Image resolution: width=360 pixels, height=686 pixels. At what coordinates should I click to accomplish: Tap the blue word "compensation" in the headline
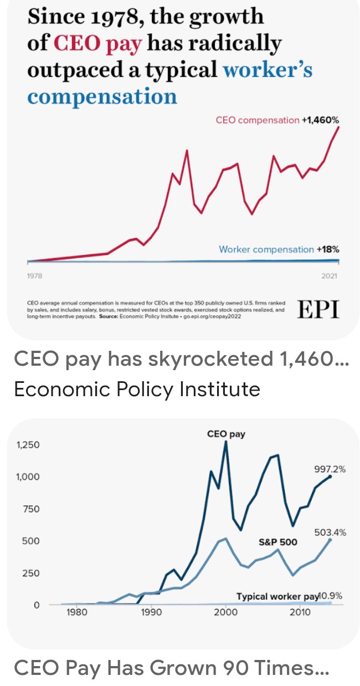click(102, 97)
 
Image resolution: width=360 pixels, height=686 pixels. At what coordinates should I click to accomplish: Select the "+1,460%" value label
click(320, 120)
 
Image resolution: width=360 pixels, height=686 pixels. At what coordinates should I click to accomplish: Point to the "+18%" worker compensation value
click(327, 249)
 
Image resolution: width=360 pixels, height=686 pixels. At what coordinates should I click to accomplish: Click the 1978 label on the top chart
click(34, 275)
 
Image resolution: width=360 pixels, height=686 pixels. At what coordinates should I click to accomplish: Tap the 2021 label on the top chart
click(329, 275)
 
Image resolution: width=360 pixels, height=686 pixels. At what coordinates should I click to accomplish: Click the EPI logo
click(318, 310)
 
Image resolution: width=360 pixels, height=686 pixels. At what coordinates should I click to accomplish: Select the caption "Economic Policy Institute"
click(137, 389)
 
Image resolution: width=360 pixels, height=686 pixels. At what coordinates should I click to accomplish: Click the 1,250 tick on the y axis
click(28, 445)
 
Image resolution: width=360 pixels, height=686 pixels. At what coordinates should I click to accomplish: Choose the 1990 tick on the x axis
click(151, 612)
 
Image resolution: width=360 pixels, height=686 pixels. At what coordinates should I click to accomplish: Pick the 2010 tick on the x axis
click(300, 612)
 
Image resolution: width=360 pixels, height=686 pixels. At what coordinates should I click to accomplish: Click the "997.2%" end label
click(330, 469)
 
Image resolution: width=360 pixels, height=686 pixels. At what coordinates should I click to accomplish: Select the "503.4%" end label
click(330, 533)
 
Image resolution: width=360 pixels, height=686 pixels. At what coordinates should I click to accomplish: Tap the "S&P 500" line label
click(278, 542)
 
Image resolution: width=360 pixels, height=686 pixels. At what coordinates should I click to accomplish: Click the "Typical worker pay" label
click(277, 596)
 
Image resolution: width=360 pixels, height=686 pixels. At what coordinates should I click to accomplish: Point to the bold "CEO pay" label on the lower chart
click(226, 434)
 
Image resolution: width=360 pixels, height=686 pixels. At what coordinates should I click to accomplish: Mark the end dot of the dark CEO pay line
click(331, 476)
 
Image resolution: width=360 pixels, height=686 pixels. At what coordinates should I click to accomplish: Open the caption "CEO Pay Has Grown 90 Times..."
click(171, 668)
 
